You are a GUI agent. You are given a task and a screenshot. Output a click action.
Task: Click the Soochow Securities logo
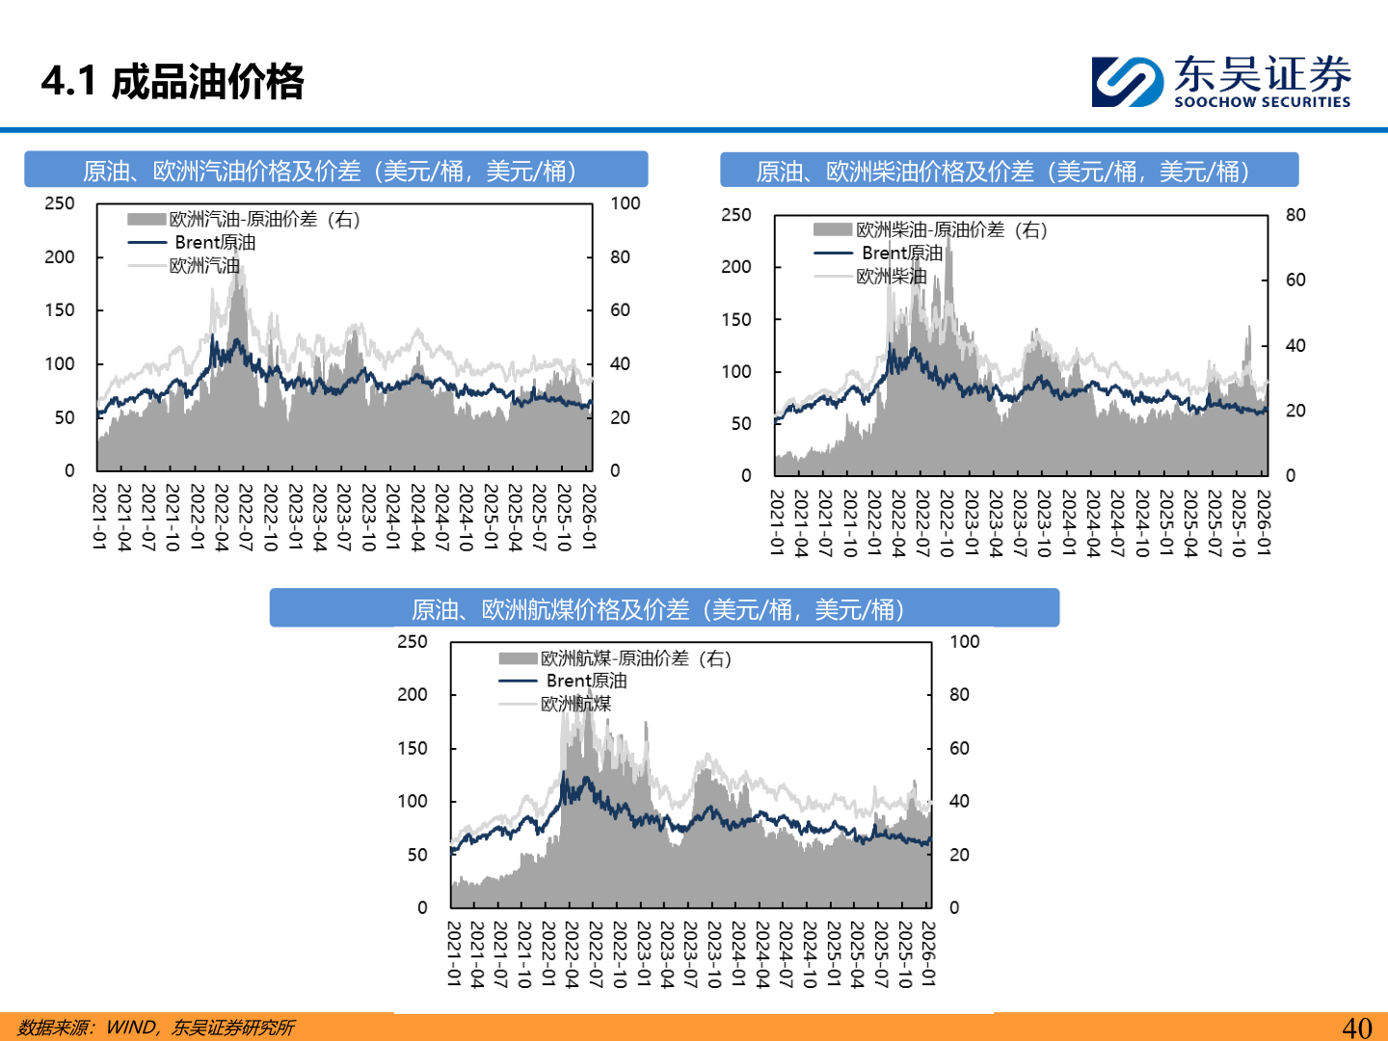tap(1220, 81)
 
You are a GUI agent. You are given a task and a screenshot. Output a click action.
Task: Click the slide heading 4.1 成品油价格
tap(173, 81)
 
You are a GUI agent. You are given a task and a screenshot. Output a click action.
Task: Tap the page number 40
tap(1356, 1028)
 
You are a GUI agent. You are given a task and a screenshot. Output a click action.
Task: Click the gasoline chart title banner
tap(335, 171)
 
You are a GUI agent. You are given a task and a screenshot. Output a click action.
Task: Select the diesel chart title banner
tap(1008, 171)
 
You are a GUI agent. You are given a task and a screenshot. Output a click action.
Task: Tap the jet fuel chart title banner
tap(664, 609)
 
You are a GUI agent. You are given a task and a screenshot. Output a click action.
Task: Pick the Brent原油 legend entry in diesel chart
tap(902, 253)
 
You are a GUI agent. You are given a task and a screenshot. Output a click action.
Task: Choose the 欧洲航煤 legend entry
tap(575, 704)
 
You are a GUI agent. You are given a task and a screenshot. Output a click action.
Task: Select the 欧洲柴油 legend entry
tap(891, 277)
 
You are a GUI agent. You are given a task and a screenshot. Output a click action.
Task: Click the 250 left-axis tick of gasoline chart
tap(60, 203)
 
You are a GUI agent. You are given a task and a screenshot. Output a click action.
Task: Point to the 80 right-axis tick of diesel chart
tap(1295, 215)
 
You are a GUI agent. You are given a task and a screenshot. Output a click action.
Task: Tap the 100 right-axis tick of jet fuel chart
tap(964, 642)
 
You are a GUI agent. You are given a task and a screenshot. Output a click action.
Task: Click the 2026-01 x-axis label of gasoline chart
tap(588, 518)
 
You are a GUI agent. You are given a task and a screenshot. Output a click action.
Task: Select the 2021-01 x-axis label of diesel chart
tap(777, 522)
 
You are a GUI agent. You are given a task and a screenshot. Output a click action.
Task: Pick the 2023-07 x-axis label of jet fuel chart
tap(690, 954)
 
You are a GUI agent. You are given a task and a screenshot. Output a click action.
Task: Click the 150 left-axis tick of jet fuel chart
tap(413, 748)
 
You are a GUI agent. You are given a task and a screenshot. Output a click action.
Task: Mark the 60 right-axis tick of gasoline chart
tap(620, 310)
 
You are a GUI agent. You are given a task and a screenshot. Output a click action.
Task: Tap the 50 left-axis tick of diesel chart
tap(740, 423)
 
